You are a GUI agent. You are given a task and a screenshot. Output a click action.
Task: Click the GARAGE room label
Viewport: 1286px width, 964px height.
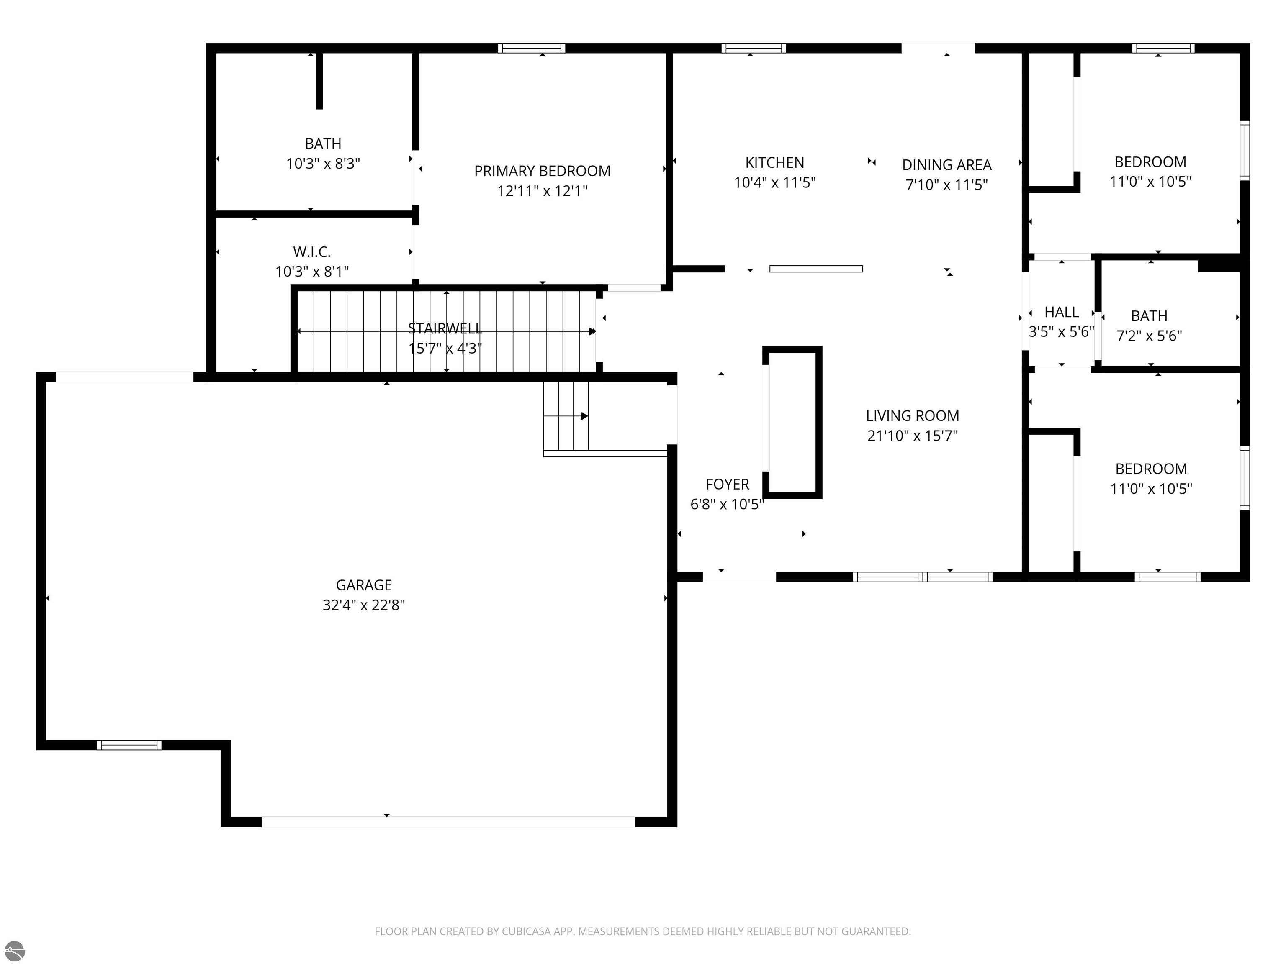point(364,585)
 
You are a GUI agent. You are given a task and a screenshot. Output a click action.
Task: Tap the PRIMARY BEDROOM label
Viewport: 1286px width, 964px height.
point(543,171)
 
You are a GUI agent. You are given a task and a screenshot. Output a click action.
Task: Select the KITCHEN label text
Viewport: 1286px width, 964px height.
point(775,163)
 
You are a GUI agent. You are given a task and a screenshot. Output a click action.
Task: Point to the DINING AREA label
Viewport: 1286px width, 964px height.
point(947,165)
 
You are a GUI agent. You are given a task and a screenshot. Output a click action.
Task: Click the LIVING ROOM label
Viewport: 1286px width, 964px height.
point(913,416)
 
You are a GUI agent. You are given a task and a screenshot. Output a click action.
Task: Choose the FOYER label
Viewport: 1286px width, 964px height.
point(727,484)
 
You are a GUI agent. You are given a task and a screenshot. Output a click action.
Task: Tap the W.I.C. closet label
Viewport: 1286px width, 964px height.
point(312,252)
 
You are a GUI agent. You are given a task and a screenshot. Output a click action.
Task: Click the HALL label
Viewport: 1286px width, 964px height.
point(1062,312)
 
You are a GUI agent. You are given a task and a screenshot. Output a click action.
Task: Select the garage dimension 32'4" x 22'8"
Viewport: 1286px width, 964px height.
point(364,605)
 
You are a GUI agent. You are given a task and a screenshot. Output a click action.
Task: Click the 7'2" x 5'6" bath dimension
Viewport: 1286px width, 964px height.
point(1150,335)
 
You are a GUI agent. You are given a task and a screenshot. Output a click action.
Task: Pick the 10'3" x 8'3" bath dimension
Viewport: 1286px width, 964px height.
point(323,163)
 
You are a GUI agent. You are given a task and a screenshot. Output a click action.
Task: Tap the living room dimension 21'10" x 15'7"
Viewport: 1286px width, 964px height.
point(913,436)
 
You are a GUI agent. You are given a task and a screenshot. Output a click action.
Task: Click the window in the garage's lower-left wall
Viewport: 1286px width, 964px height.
point(129,745)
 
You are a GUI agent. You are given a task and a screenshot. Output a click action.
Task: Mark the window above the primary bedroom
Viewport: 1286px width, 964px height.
point(531,48)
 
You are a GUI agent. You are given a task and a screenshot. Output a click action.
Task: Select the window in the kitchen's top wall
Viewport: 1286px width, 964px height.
point(754,48)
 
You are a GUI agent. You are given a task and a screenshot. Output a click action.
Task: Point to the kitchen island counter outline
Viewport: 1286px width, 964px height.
point(816,269)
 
